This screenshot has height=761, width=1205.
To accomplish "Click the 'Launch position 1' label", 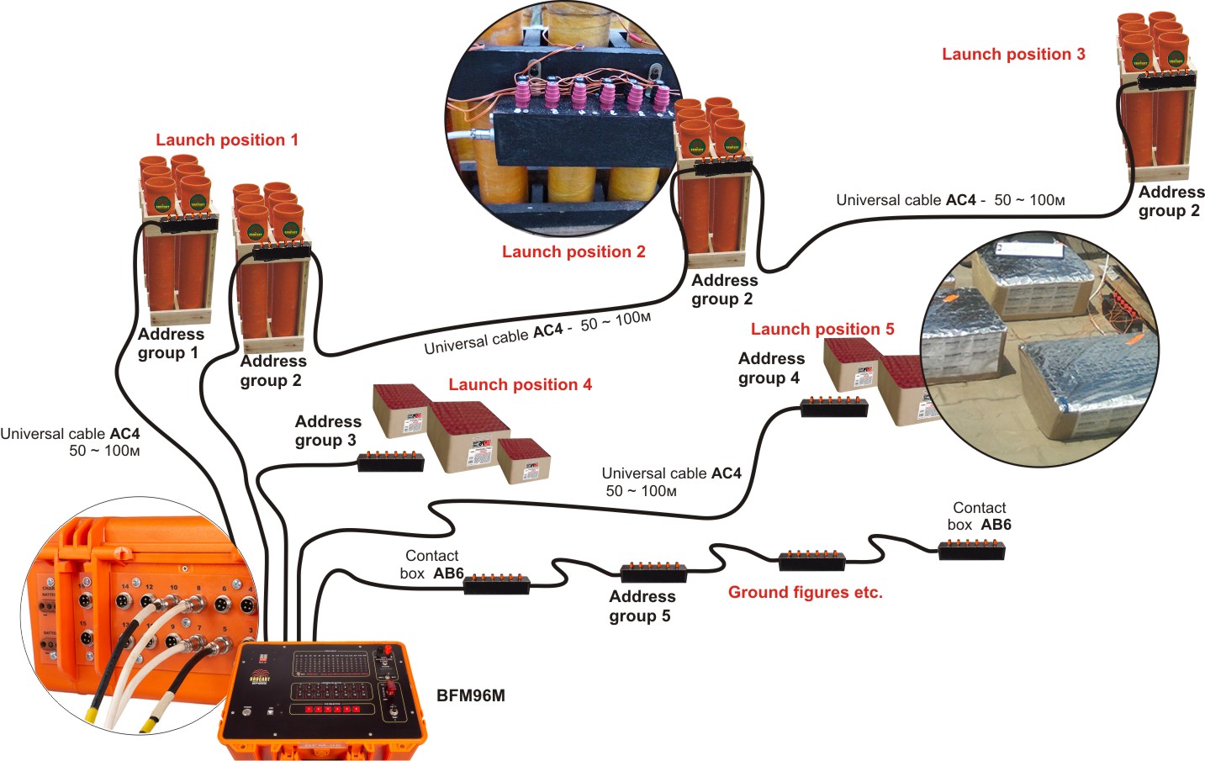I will coord(227,140).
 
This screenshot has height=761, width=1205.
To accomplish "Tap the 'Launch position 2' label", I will coord(573,251).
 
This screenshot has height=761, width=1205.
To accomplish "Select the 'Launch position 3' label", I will coord(1013,54).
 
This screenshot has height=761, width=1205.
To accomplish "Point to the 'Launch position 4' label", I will coord(520,384).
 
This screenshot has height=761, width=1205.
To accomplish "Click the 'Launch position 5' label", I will coord(822,329).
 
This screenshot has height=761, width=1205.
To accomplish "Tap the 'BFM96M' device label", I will coord(471,695).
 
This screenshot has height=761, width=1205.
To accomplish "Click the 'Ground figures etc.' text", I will coord(805,592).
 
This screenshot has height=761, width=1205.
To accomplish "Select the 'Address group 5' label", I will coord(642,606).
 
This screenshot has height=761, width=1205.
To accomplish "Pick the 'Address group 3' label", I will coord(327,431).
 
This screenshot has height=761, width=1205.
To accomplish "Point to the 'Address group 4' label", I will coord(770,368).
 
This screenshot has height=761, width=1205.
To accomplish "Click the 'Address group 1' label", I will coord(170,343).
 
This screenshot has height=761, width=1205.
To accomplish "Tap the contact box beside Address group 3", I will coord(391,462).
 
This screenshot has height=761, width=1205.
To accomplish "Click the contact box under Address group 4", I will coord(833,408).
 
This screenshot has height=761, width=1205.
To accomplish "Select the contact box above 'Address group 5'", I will coord(653,573).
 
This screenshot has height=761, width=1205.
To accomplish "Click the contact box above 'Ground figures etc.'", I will coord(811,561).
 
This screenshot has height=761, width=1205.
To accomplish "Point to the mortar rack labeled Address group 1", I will coord(178,244).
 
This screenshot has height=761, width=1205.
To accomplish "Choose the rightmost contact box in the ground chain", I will coord(971,551).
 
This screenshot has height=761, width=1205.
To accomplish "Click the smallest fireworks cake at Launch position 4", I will coord(523,462).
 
